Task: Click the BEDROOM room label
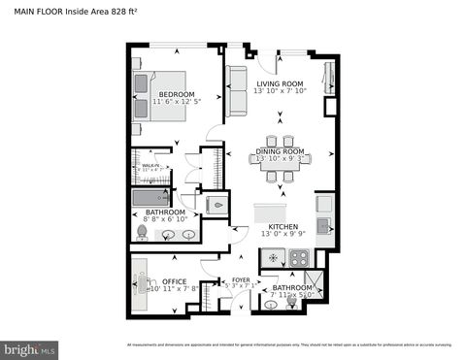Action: coord(170,94)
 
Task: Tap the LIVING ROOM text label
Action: coord(281,84)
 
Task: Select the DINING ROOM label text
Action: coord(281,151)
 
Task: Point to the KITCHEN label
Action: coord(280,226)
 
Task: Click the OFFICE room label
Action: coord(174,282)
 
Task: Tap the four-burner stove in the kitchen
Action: coord(298,259)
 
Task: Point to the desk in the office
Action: coord(138,283)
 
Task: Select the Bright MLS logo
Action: coord(30,347)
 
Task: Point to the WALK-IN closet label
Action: coord(150,166)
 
